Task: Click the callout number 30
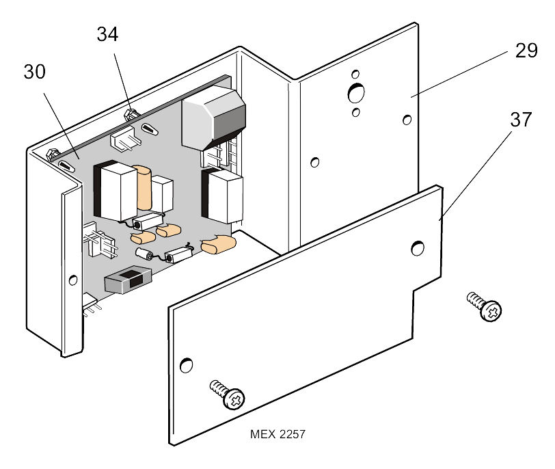pos(35,72)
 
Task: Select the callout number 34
pos(107,34)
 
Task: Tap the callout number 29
pos(526,51)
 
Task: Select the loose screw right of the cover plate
pos(485,306)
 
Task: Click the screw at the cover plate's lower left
pos(227,394)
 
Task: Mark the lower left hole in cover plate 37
pos(186,365)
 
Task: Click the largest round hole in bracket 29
pos(355,92)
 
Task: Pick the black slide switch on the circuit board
pos(127,282)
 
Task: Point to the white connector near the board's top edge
pos(125,140)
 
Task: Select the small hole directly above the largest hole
pos(355,73)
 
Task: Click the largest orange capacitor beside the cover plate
pos(219,243)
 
